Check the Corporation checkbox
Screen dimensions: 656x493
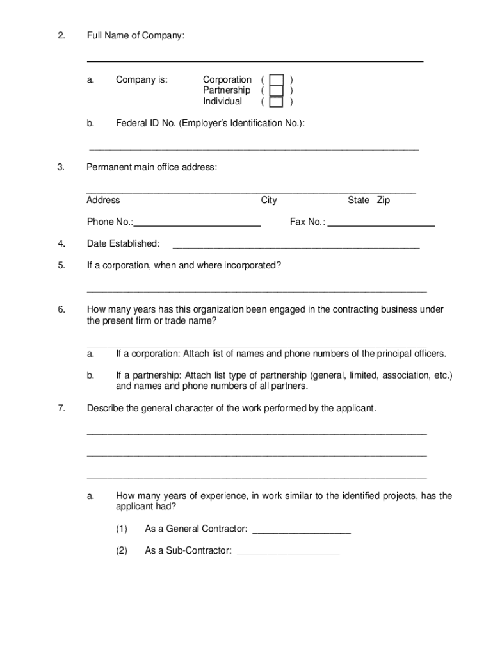tap(277, 80)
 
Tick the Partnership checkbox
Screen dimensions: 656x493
tap(277, 91)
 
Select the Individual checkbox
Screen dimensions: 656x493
tap(277, 102)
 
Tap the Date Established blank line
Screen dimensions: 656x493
tap(296, 246)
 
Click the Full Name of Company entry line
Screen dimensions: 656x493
tap(255, 60)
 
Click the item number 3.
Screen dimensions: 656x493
tap(61, 168)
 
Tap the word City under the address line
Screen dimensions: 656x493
tap(269, 201)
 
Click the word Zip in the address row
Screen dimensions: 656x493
tap(384, 201)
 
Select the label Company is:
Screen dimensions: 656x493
tap(141, 80)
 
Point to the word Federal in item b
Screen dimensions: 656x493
tap(132, 123)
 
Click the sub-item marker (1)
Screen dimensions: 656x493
tap(122, 529)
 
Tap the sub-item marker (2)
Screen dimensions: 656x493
tap(122, 550)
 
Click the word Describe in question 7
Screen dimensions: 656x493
tap(105, 409)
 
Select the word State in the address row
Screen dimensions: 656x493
tap(359, 201)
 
